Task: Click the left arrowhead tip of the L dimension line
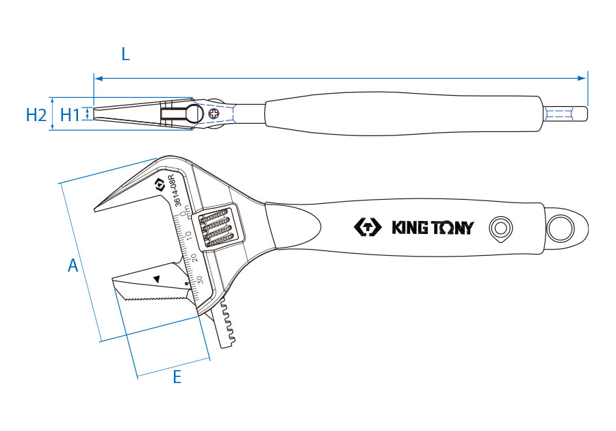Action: [x=94, y=79]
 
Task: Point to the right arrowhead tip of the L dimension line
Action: [x=587, y=79]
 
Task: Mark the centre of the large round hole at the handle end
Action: [x=561, y=228]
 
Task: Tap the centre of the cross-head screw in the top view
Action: [x=214, y=114]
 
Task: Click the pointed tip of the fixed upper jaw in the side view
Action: [x=94, y=210]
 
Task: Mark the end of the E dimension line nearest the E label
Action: [x=138, y=378]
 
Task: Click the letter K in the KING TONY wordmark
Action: [x=398, y=228]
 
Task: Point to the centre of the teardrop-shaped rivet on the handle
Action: [x=500, y=228]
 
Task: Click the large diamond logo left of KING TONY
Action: [x=368, y=227]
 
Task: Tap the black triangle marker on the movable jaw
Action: [x=157, y=279]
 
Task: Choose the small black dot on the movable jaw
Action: [x=187, y=283]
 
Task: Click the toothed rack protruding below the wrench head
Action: [x=227, y=324]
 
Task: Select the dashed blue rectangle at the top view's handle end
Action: [x=559, y=114]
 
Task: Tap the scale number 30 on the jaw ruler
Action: [x=200, y=280]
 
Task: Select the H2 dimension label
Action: [x=36, y=115]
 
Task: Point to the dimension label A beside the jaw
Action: [x=73, y=265]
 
